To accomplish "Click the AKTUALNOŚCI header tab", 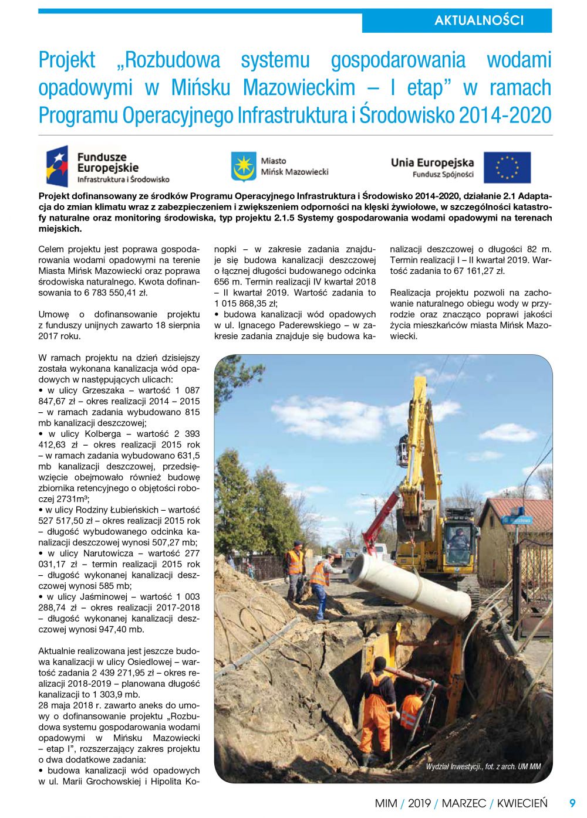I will pos(478,21).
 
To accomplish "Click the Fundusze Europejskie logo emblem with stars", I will pos(57,166).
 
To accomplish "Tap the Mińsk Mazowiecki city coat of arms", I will pos(243,167).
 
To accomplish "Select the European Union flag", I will pos(507,168).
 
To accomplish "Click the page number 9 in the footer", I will pos(572,803).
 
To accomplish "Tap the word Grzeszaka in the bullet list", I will pos(103,391).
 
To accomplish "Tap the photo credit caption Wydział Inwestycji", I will pos(483,766).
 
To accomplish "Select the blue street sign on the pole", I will pos(517,520).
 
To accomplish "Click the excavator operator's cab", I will pos(460,542).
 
